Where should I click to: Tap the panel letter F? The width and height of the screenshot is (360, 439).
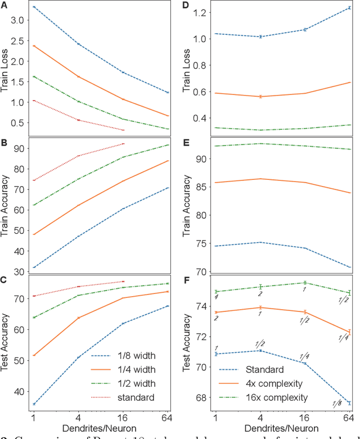(x=186, y=277)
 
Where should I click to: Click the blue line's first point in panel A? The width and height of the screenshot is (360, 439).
(x=34, y=7)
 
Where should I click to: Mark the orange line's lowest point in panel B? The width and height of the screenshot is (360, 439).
(x=34, y=234)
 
